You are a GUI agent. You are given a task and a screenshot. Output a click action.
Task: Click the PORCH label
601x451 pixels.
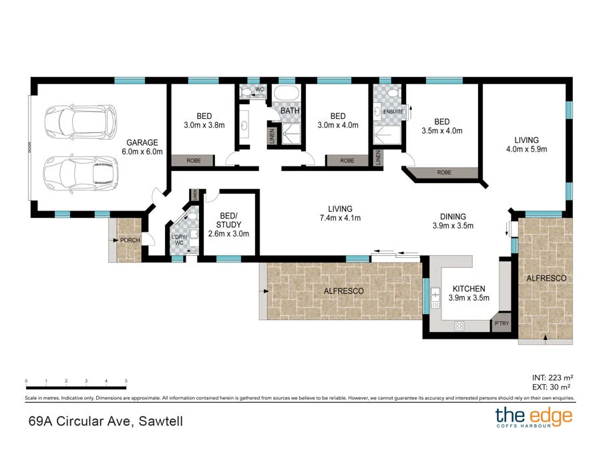coord(130,240)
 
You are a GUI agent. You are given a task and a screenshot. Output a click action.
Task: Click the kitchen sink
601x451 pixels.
coord(435,295)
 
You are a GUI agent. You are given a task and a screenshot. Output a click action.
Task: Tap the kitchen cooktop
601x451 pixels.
coord(459,326)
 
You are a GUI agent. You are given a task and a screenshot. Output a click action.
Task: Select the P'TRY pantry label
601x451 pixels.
coord(501,324)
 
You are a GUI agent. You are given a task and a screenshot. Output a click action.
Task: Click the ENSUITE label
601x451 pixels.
coord(393,111)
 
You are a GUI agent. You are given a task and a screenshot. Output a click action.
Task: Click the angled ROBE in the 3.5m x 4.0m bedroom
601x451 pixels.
coord(443,172)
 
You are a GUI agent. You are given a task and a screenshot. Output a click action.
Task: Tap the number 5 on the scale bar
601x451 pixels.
coord(126,380)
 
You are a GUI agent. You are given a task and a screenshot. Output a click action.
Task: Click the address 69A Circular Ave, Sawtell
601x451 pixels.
coord(105,421)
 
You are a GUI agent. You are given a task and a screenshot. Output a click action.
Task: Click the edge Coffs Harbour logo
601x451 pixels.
coord(533,418)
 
